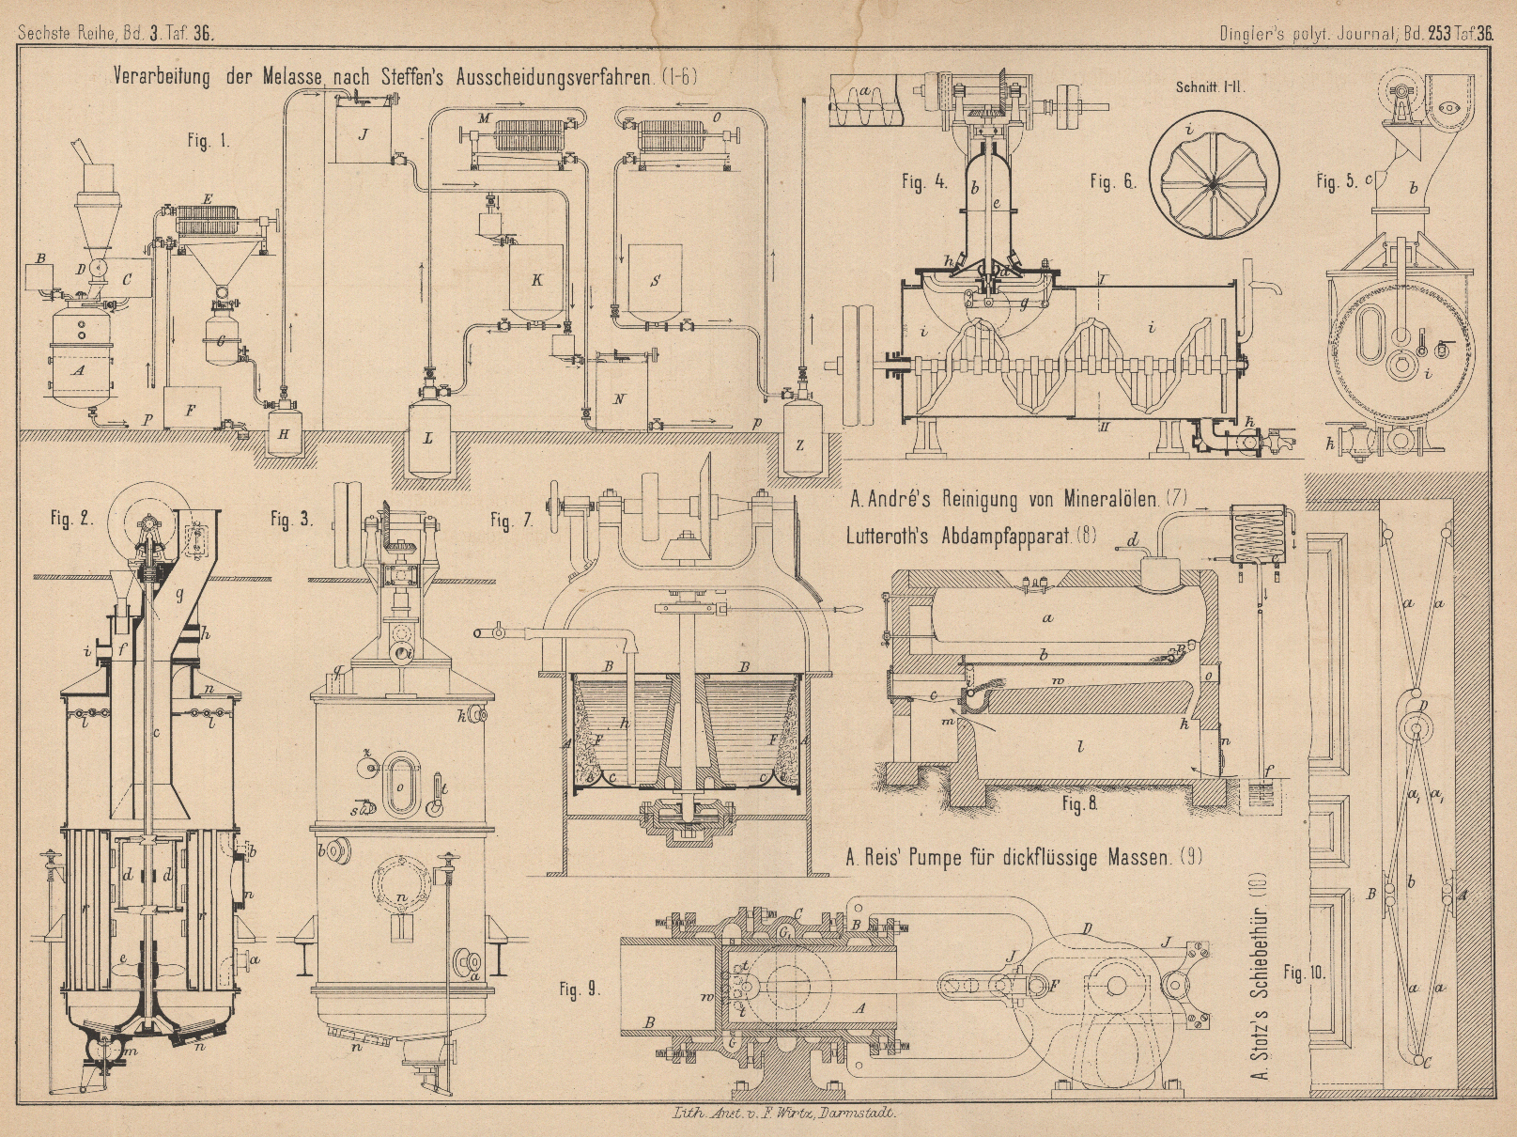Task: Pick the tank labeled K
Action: pos(536,279)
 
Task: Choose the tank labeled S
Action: pos(655,280)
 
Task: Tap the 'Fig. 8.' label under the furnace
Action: pos(1079,803)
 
